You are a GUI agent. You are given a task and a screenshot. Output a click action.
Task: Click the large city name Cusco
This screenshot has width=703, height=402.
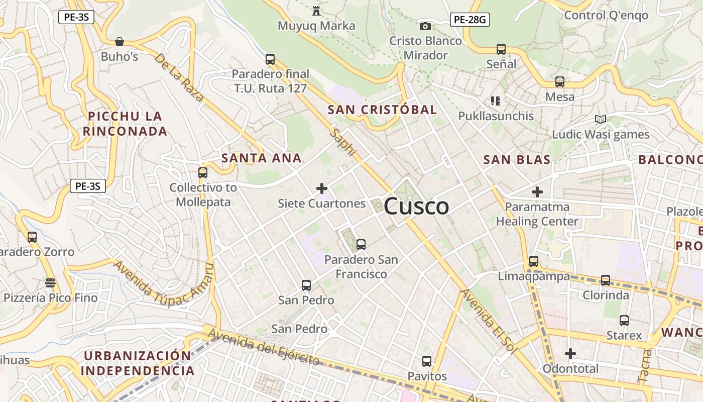tap(416, 207)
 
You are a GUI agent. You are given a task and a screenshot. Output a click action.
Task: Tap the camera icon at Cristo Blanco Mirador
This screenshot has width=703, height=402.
tap(425, 26)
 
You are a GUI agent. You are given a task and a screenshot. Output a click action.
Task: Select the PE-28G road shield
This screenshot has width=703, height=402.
tap(470, 20)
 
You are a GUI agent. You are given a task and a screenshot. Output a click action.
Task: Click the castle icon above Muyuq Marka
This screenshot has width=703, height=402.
tap(316, 11)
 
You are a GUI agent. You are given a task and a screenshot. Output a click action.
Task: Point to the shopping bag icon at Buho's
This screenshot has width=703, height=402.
tap(120, 42)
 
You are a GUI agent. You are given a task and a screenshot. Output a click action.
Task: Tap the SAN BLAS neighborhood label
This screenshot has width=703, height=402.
tap(517, 160)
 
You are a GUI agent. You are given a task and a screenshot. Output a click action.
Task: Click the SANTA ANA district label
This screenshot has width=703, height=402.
tap(261, 158)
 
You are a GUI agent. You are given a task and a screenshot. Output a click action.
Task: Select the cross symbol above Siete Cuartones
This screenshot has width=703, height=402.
tap(322, 188)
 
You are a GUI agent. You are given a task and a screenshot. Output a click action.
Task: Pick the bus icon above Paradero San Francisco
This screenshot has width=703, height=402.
tap(361, 245)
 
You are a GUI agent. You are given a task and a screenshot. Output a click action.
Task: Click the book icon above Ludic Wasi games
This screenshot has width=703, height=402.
tap(600, 120)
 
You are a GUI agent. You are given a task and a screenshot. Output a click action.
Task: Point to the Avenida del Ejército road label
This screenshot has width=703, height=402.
tap(264, 347)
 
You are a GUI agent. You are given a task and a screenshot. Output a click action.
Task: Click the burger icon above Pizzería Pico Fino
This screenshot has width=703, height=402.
tap(50, 283)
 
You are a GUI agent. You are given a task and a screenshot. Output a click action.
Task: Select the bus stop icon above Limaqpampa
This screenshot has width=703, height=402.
tap(534, 261)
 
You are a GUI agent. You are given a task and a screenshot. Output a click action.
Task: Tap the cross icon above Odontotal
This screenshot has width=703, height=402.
tap(570, 354)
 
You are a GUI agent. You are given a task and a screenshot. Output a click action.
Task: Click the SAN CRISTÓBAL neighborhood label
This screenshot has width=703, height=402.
tap(382, 110)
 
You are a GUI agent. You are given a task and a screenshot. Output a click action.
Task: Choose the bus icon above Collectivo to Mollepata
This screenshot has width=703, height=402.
tap(203, 173)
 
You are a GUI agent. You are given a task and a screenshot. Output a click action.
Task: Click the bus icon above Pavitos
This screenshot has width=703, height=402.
tap(427, 361)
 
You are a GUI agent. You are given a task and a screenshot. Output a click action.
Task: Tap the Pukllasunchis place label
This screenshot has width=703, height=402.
tap(496, 116)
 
